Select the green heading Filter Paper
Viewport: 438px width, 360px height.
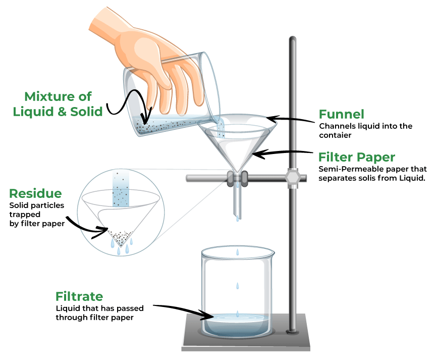pyautogui.click(x=356, y=157)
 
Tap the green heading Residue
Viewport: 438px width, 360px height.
pyautogui.click(x=35, y=193)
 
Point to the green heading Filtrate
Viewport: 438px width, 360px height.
pyautogui.click(x=79, y=296)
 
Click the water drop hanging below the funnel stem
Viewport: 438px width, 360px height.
pyautogui.click(x=237, y=218)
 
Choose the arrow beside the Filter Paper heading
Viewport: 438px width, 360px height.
pyautogui.click(x=283, y=151)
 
